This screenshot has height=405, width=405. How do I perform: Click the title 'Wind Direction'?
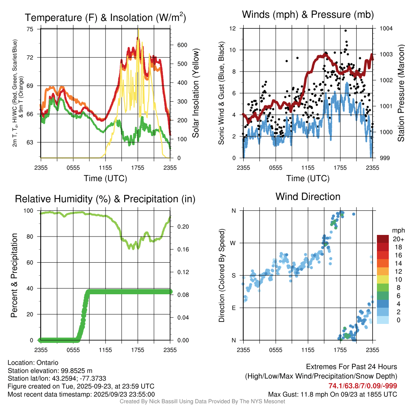[x=308, y=197]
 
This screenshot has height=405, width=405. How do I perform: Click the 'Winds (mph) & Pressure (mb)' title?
[x=308, y=15]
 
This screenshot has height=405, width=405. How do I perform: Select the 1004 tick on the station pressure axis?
[x=386, y=28]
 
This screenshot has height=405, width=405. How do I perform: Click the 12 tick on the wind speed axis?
[x=233, y=28]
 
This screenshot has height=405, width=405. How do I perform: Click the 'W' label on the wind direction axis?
[x=234, y=243]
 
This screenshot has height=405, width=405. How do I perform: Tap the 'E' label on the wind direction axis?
[x=234, y=308]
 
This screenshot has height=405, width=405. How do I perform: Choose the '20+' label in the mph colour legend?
[x=387, y=239]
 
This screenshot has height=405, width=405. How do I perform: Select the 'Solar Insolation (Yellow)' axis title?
[x=196, y=93]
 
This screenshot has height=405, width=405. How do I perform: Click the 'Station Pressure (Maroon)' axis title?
[x=401, y=93]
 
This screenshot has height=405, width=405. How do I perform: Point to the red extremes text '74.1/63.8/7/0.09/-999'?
[x=363, y=386]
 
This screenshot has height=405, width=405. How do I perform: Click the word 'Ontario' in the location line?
[x=47, y=363]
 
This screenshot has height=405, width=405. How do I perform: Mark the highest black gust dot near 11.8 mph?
[x=346, y=30]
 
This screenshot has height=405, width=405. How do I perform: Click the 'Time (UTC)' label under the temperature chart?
[x=105, y=178]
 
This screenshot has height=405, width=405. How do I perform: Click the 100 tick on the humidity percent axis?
[x=29, y=210]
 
